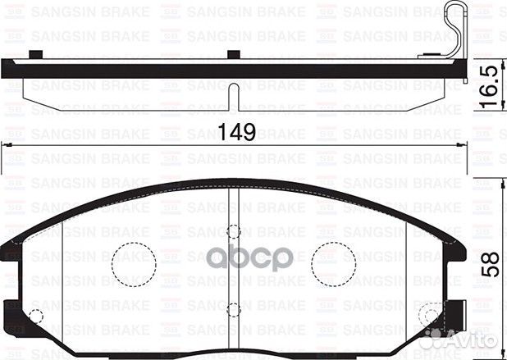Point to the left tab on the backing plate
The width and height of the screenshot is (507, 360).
35,56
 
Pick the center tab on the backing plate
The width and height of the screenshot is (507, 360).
234,56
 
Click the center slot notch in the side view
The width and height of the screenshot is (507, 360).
235,97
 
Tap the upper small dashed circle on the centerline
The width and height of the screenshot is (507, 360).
234,231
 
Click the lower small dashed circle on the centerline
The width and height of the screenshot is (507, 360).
234,310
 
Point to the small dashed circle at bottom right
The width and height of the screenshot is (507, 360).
430,315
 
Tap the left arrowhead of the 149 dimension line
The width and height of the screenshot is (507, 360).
8,145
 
